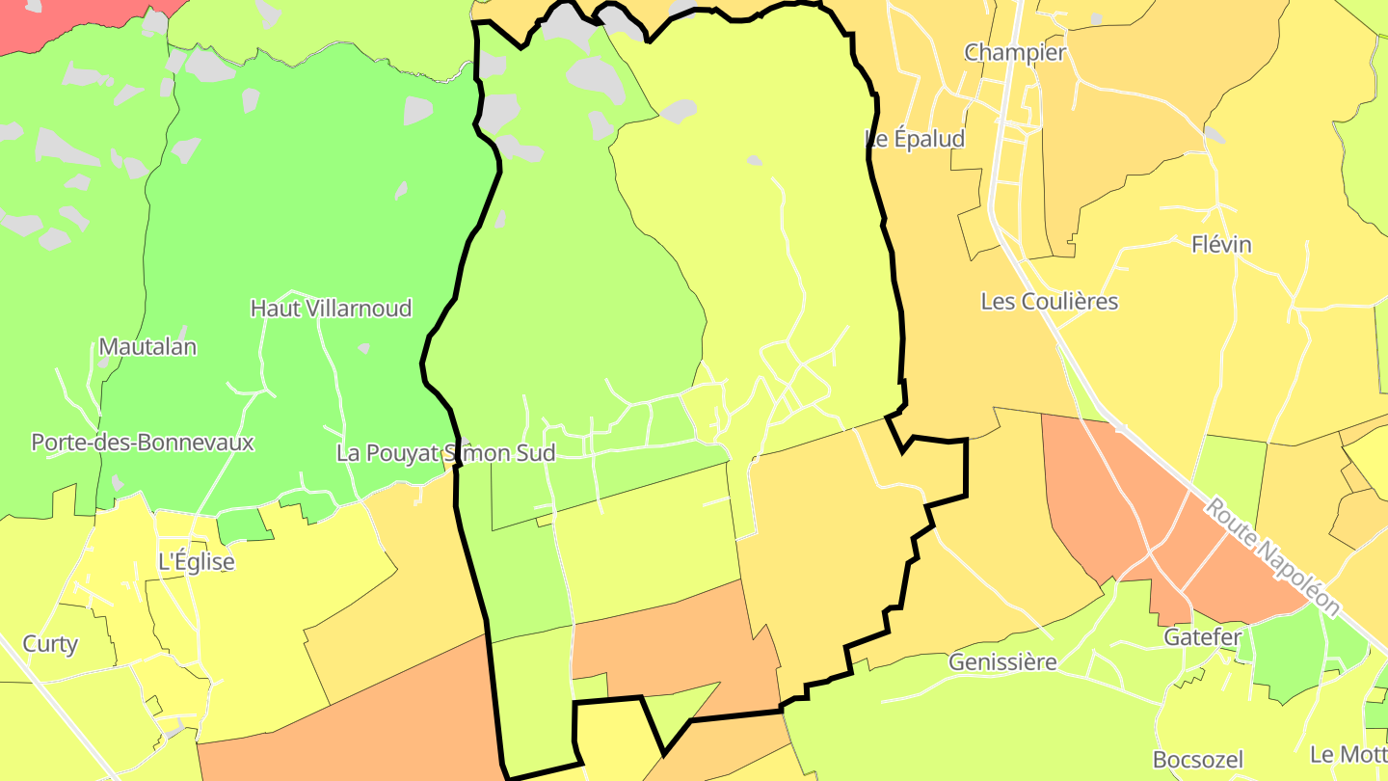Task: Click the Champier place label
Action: pos(1015,53)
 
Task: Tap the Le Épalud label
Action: pos(916,139)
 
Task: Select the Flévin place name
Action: pos(1221,245)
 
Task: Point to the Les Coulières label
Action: pos(1049,302)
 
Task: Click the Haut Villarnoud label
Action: pos(331,309)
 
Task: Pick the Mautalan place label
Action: pos(147,347)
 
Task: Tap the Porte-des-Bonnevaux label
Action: pos(143,443)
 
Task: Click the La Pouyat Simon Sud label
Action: pos(445,453)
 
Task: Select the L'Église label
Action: pos(196,561)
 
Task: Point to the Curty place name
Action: pos(50,644)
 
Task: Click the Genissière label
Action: pos(1002,662)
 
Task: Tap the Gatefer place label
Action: pos(1202,637)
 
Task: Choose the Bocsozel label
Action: pos(1198,760)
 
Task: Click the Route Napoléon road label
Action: pos(1272,556)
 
